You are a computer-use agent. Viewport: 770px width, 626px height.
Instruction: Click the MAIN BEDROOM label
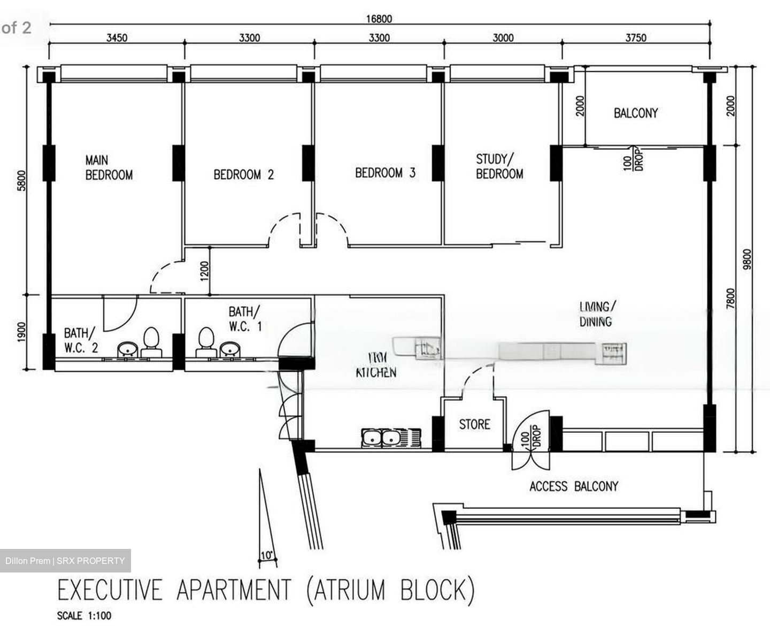[x=109, y=167]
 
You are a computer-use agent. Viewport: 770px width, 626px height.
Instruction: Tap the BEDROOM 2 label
[x=243, y=174]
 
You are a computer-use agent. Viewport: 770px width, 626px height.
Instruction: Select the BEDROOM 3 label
[x=385, y=173]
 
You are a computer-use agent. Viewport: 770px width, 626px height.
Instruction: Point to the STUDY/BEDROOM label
[x=499, y=166]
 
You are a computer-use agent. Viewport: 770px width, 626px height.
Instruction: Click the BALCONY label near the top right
[x=635, y=113]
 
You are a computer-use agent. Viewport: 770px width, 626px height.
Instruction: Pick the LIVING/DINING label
[x=597, y=314]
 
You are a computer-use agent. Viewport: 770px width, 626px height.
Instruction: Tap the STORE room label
[x=474, y=424]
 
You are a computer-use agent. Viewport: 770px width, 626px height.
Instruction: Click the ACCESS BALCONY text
[x=573, y=486]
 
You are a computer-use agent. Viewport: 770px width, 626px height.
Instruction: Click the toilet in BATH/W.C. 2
[x=151, y=341]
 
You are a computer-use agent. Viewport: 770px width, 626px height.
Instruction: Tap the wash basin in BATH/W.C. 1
[x=230, y=349]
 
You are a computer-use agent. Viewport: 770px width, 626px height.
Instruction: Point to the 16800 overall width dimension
[x=379, y=19]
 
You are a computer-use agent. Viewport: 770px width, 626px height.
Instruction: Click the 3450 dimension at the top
[x=117, y=38]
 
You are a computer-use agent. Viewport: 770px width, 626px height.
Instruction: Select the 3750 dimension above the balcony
[x=636, y=38]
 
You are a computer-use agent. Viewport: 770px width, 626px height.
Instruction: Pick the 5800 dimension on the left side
[x=22, y=180]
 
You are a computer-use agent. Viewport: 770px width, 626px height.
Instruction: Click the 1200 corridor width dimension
[x=204, y=271]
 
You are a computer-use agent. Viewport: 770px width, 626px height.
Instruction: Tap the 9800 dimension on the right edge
[x=748, y=259]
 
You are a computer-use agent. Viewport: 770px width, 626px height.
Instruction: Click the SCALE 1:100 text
[x=84, y=616]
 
